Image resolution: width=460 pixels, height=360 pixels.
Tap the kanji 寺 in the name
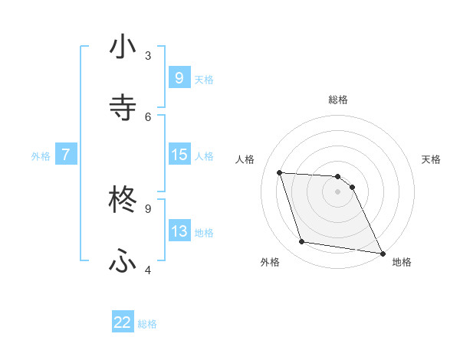(123, 107)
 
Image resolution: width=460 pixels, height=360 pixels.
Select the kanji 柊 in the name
(123, 201)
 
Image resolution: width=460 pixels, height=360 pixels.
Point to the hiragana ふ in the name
(123, 261)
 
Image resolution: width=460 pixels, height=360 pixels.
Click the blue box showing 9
(179, 77)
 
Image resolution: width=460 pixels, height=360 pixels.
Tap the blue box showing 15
(179, 155)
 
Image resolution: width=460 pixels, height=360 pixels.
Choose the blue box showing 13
(179, 231)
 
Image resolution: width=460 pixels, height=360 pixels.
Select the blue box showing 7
(66, 155)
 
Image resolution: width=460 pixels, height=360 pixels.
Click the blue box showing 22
(123, 322)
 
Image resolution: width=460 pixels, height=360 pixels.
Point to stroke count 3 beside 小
(148, 56)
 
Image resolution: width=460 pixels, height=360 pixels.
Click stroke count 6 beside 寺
(148, 116)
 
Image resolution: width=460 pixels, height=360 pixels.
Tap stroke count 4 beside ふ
(148, 270)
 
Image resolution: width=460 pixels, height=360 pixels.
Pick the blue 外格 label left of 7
(41, 155)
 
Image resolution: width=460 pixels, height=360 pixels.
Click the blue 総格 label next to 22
(147, 324)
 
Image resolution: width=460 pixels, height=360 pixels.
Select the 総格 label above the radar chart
(338, 100)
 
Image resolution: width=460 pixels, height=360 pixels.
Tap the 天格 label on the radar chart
(432, 159)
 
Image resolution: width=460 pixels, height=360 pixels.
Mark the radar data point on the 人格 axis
(280, 172)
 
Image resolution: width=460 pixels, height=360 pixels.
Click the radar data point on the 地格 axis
(382, 253)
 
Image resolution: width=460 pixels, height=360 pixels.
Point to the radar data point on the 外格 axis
(302, 242)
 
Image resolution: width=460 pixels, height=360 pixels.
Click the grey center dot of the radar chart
(338, 191)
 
